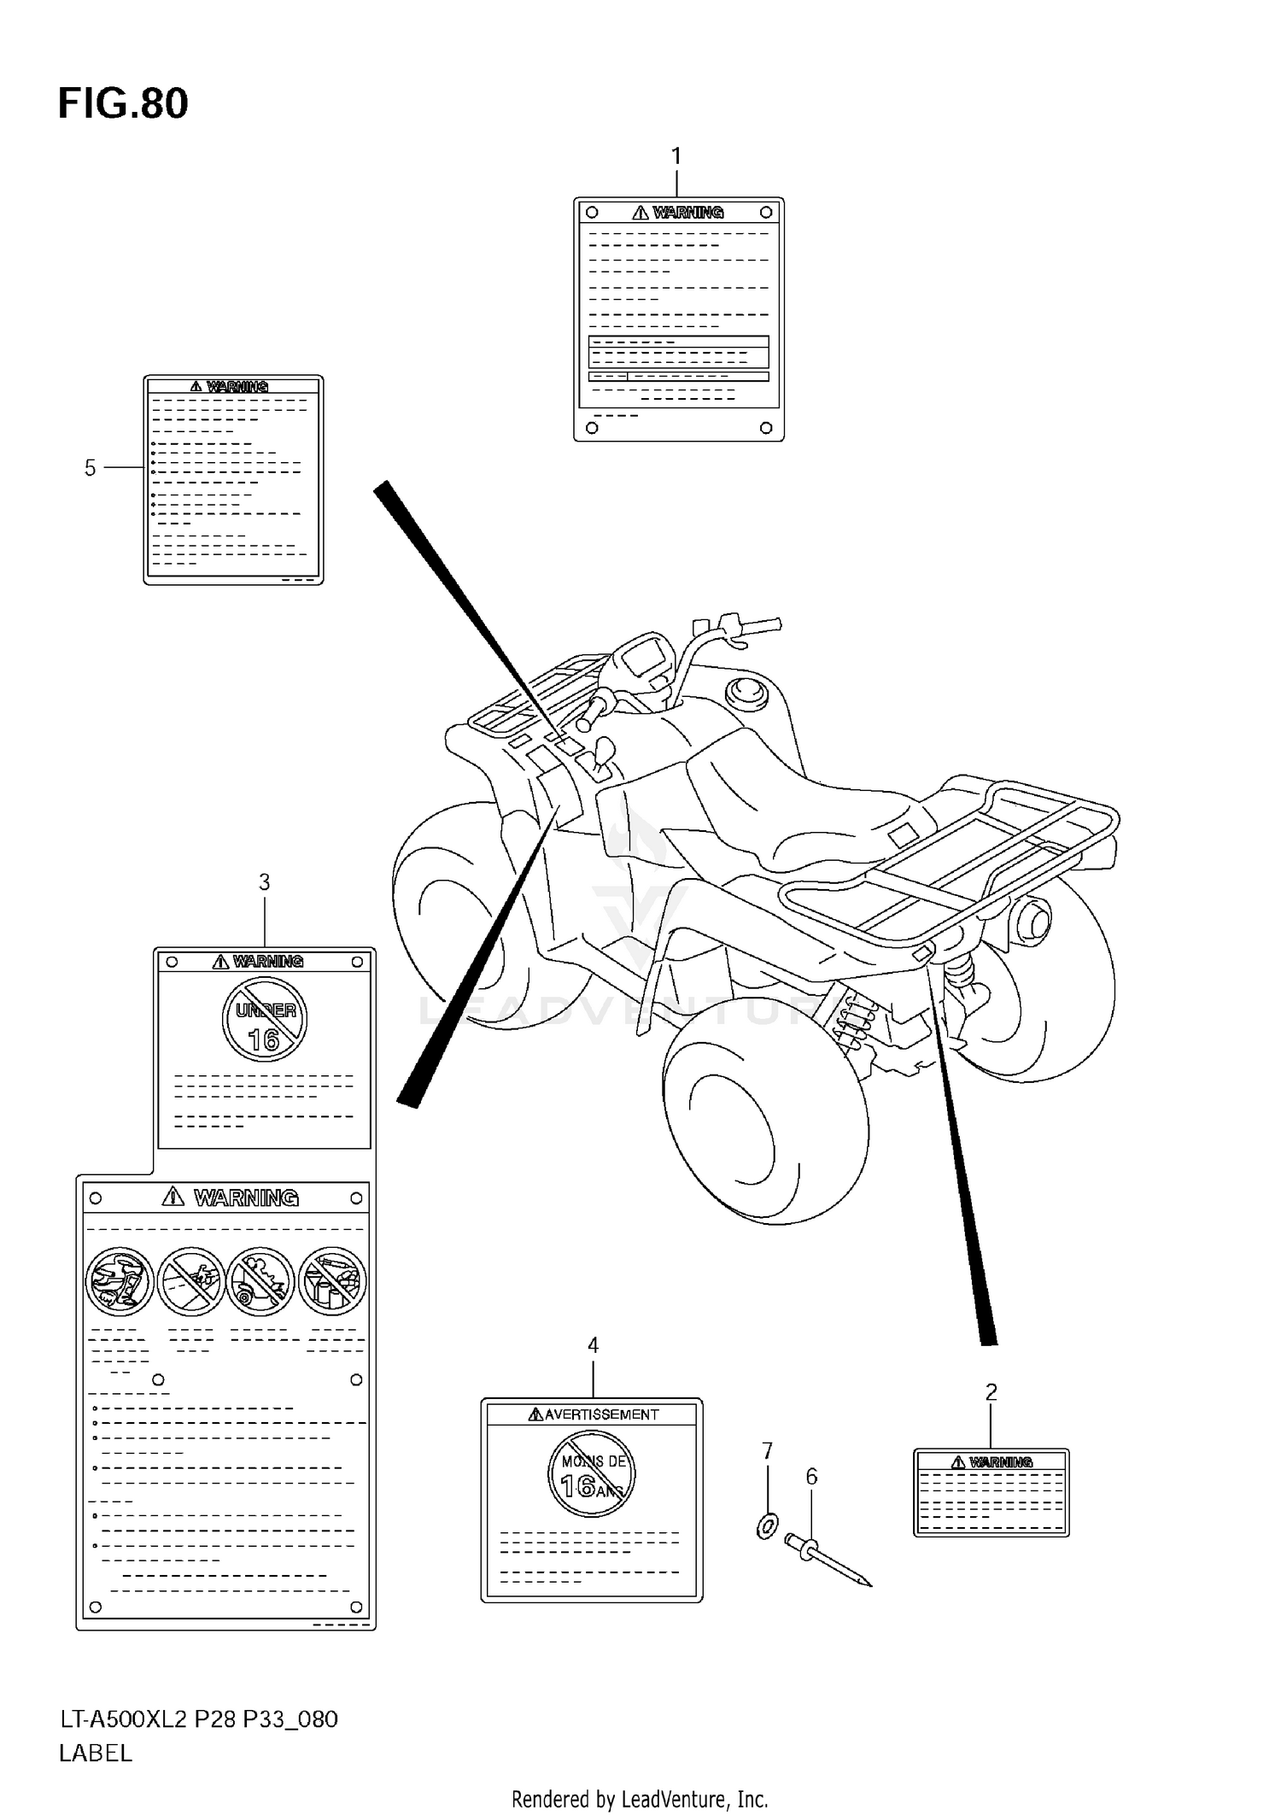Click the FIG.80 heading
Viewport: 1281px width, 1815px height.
(x=123, y=104)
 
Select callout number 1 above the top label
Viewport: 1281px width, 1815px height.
(x=676, y=156)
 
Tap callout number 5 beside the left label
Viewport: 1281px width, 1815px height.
(x=90, y=468)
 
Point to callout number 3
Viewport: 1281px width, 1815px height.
(x=264, y=882)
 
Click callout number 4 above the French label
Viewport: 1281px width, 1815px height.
(x=593, y=1346)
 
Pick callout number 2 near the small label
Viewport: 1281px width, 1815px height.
(x=991, y=1393)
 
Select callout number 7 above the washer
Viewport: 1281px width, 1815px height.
(x=767, y=1451)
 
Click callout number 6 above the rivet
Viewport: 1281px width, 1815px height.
(x=811, y=1477)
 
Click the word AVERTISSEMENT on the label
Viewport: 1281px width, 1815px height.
(x=600, y=1414)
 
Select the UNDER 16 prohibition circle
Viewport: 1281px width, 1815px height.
(x=264, y=1020)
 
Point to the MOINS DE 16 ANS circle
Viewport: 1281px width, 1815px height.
(x=592, y=1475)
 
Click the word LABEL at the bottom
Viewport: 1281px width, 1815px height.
(x=95, y=1754)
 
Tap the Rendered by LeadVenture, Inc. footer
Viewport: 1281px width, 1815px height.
(x=640, y=1799)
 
